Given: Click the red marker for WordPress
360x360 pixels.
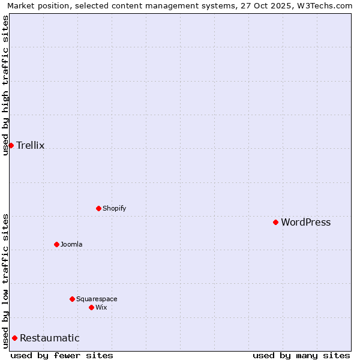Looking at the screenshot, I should pos(275,222).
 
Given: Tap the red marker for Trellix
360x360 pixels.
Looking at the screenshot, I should pos(11,145).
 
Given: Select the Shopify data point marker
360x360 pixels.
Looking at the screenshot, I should pos(98,208).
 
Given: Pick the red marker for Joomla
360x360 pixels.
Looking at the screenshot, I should pos(56,244).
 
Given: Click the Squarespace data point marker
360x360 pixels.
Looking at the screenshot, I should pos(72,299).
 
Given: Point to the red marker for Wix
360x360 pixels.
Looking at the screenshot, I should pos(91,307).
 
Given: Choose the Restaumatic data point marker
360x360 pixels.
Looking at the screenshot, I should pos(14,338).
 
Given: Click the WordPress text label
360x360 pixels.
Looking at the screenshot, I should pos(305,223).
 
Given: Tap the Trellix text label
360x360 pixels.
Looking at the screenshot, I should pos(30,146).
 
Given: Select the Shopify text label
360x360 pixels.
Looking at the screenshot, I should pos(114,209).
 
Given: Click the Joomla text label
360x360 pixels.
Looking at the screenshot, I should pos(71,245).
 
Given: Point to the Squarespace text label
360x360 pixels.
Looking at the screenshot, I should pos(97,299).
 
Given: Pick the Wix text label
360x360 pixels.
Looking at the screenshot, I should pos(101,308).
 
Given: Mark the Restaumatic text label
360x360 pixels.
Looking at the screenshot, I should pos(49,338).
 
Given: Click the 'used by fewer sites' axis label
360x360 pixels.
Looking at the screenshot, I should pos(62,355).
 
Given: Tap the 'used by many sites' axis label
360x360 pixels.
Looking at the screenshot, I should pos(301,355).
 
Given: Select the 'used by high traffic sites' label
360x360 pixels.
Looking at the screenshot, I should pos(5,85).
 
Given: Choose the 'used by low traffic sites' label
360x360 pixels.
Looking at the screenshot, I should pos(5,281).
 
